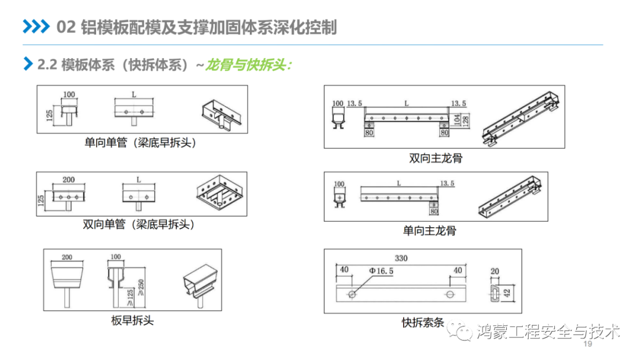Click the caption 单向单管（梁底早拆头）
click(x=140, y=143)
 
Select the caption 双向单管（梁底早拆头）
click(x=139, y=224)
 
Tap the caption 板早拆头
click(x=132, y=320)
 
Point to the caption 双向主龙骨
click(x=436, y=158)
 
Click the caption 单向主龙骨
click(x=430, y=231)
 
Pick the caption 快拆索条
click(x=423, y=323)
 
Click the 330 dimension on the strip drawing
click(x=401, y=259)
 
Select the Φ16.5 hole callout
click(x=381, y=271)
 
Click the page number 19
click(x=589, y=345)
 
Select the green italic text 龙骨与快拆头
click(x=248, y=65)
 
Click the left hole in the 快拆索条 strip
click(x=353, y=294)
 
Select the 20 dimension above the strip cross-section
click(x=494, y=272)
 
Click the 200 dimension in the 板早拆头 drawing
click(x=66, y=257)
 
